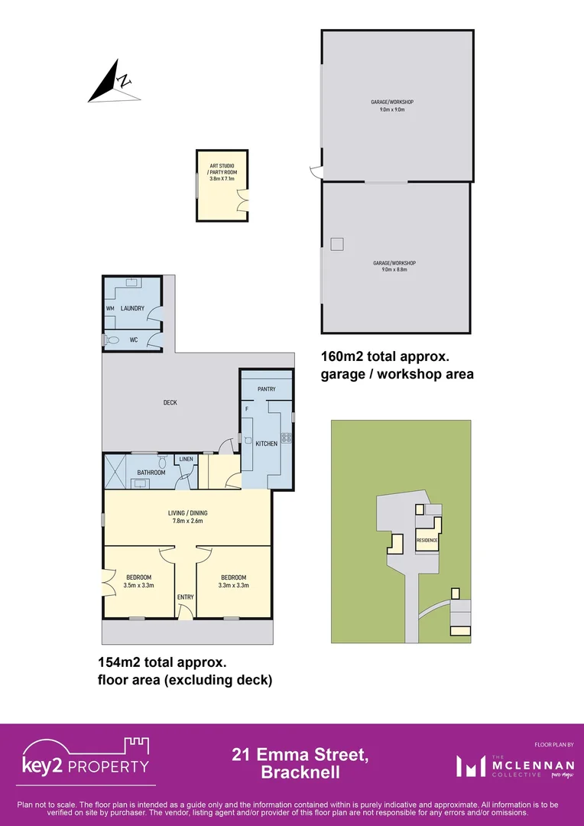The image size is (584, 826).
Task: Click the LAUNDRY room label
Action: pos(131,308)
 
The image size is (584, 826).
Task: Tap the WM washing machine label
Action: pos(109,308)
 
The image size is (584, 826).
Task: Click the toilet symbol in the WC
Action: pos(113,339)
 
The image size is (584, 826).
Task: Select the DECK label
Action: pos(170,402)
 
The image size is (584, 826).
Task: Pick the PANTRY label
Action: pos(266,389)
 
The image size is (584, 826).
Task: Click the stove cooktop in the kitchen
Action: pos(287,438)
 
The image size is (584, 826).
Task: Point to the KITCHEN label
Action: pos(266,444)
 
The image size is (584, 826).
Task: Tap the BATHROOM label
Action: pos(151,473)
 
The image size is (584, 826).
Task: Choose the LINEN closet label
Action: pos(186,459)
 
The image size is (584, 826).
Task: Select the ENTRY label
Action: pos(185,597)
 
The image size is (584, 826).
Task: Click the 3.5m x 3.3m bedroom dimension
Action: pos(138,585)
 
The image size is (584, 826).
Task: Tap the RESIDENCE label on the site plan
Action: pos(427,541)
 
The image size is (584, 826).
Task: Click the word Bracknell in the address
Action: pos(300,772)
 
